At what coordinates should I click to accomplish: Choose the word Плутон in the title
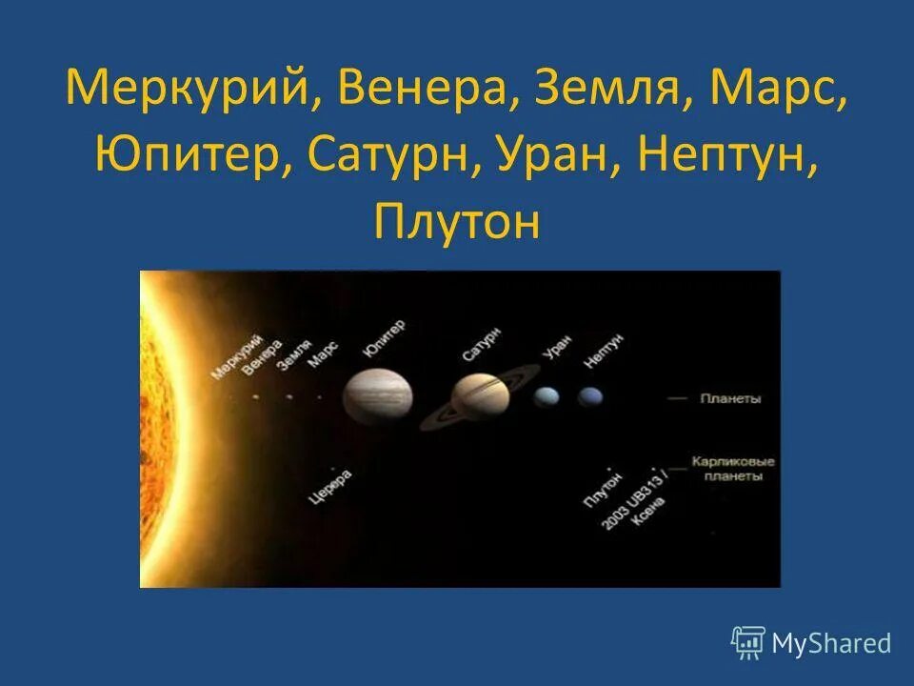tap(457, 222)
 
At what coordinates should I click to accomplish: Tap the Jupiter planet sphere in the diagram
tap(378, 395)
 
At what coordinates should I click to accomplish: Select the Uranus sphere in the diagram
tap(546, 395)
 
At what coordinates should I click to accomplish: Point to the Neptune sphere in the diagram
tap(590, 395)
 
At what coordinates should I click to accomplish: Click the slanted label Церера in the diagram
tap(331, 486)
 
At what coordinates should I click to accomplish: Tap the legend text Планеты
tap(729, 399)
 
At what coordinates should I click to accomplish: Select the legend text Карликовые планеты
tap(732, 469)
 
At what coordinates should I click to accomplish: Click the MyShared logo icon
tap(748, 642)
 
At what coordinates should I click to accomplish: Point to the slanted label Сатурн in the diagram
tap(481, 343)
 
